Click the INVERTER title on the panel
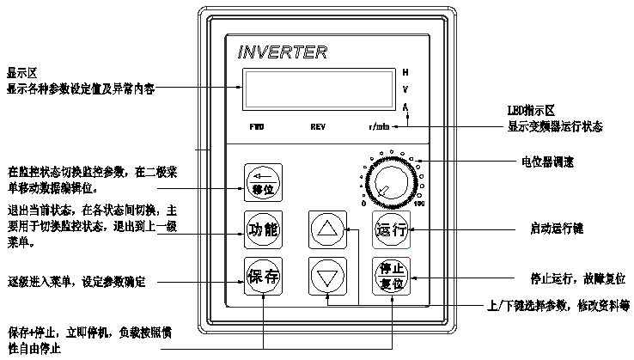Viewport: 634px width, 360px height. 282,53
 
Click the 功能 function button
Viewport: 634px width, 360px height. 264,229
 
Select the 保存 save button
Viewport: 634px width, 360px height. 264,277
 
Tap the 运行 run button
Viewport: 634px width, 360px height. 392,230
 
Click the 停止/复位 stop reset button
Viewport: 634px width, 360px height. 392,277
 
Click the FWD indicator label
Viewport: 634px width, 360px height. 257,126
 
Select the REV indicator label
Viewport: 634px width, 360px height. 318,126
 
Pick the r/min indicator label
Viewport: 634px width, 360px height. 379,126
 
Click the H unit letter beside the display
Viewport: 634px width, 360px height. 405,71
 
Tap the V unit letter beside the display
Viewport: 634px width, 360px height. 405,88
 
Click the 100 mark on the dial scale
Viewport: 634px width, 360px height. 419,204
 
